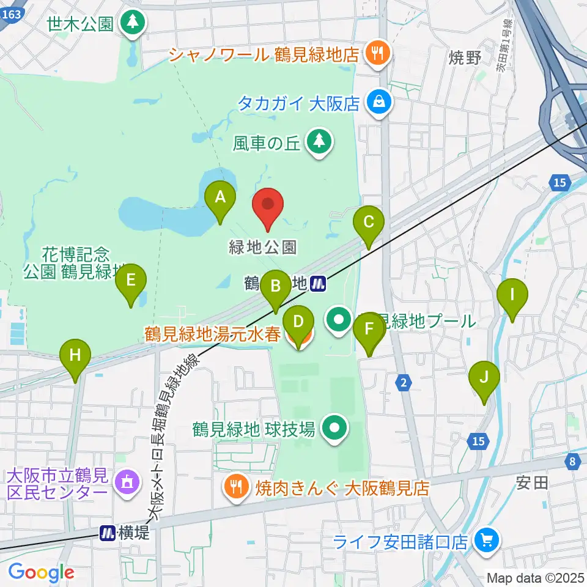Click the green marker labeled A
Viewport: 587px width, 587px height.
coord(220,199)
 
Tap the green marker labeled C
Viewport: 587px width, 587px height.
coord(368,224)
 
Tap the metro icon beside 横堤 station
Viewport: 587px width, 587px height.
coord(108,533)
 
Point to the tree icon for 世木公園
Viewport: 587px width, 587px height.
coord(133,23)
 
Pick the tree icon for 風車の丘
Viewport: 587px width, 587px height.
coord(319,142)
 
